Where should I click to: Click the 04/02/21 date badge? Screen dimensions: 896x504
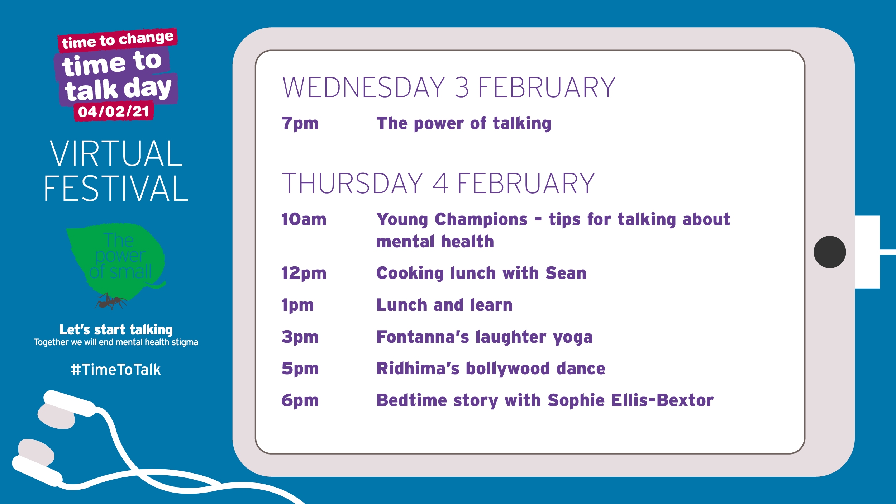[114, 111]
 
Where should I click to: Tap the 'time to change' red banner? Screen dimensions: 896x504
[118, 40]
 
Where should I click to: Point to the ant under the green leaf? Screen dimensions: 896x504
[110, 301]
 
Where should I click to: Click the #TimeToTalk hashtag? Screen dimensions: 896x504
[116, 370]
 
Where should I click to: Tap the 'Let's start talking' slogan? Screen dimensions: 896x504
[116, 329]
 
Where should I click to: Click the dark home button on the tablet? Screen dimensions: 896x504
[830, 252]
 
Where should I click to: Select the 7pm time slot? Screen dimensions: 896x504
[300, 124]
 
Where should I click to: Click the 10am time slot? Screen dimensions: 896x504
[304, 219]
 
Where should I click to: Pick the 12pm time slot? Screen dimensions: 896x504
[304, 274]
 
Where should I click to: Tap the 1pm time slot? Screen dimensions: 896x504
[297, 305]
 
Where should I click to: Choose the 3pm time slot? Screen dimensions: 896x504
[300, 337]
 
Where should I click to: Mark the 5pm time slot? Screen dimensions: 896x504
[300, 369]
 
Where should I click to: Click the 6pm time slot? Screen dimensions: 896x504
[300, 401]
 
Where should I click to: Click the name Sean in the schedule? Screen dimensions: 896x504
[566, 273]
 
